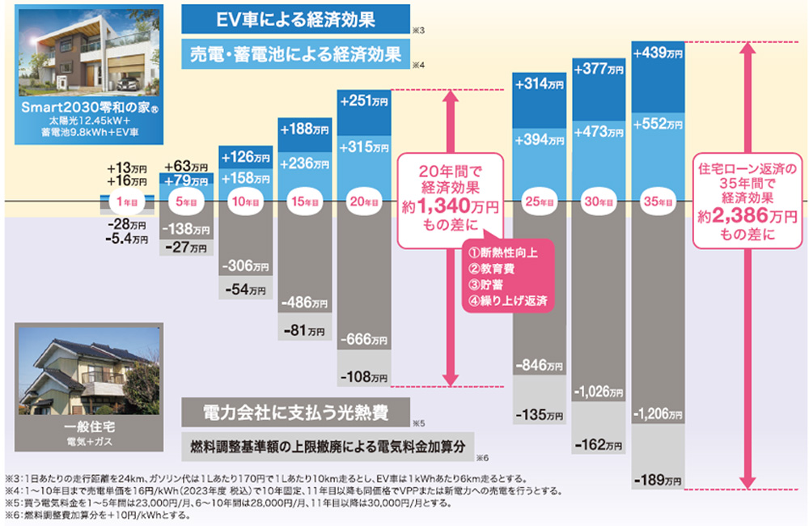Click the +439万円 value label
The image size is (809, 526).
click(659, 53)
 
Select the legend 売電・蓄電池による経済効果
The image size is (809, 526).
click(294, 55)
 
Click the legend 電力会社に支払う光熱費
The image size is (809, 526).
click(294, 412)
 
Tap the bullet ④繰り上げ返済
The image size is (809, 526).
click(506, 300)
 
